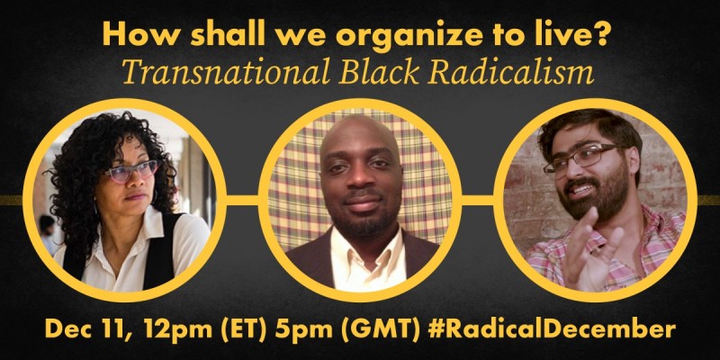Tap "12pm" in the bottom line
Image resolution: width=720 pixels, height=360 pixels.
click(x=176, y=330)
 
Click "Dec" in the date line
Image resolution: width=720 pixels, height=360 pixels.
click(x=69, y=329)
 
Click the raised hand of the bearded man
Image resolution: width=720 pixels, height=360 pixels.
click(x=591, y=250)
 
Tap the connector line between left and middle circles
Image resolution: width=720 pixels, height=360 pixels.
click(x=242, y=201)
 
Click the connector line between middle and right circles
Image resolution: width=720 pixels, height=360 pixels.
click(x=478, y=201)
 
